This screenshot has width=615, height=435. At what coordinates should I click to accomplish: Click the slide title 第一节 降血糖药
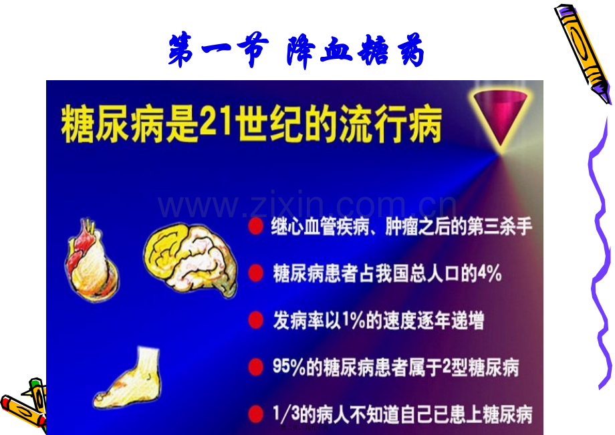[x=296, y=51]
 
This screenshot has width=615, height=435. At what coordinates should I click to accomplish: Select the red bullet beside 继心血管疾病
[x=255, y=227]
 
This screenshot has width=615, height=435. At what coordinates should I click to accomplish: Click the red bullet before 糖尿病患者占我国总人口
[x=255, y=273]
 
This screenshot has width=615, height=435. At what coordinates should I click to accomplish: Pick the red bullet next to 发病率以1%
[x=255, y=320]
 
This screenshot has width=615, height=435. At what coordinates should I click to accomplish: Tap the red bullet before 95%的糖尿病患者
[x=255, y=367]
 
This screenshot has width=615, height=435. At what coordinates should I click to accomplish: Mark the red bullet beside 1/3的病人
[x=255, y=414]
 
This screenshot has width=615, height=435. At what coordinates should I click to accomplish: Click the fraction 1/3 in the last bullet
[x=286, y=414]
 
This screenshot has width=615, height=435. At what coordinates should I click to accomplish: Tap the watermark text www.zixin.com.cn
[x=307, y=207]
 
